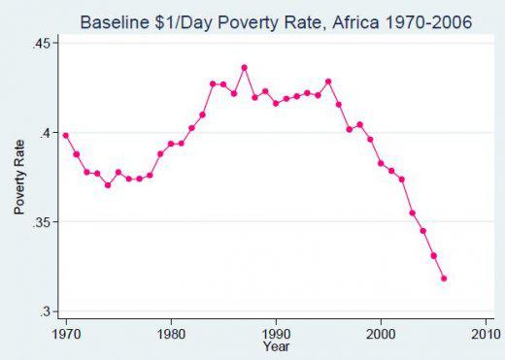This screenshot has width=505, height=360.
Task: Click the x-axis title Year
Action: tap(276, 345)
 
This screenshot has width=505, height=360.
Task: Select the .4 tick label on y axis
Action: tap(45, 133)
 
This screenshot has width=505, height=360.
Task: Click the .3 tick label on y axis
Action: tap(45, 311)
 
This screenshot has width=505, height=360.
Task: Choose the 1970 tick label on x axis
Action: tap(66, 333)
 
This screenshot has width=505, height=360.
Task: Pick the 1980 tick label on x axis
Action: tap(171, 333)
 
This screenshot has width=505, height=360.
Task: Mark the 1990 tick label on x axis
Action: tap(276, 333)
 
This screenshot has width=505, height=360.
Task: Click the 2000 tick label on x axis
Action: tap(381, 333)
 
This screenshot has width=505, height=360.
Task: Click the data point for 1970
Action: tap(66, 135)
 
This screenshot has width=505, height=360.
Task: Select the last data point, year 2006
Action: tap(444, 278)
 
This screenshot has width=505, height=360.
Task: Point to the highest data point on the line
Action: tap(244, 68)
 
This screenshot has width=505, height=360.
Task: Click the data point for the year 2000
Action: tap(381, 163)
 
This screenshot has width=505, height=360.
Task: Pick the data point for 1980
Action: tap(171, 144)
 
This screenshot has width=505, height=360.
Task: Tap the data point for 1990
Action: tap(276, 103)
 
